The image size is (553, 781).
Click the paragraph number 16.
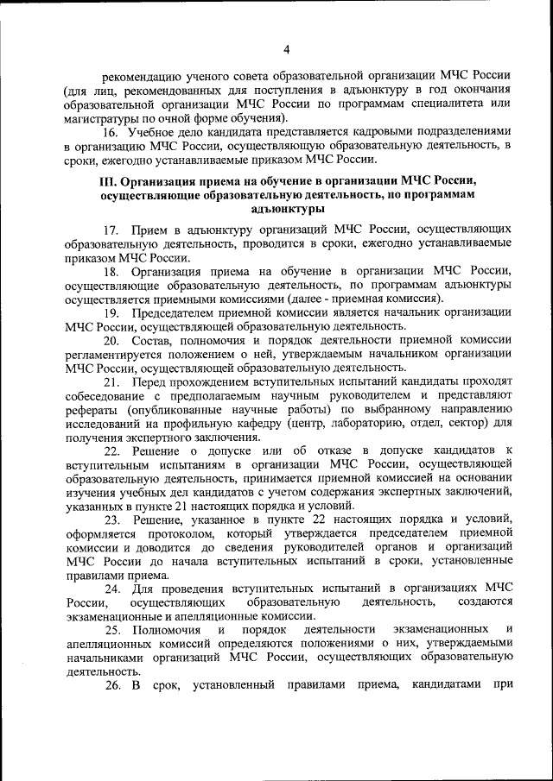(111, 133)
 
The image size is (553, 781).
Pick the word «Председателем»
(181, 312)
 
